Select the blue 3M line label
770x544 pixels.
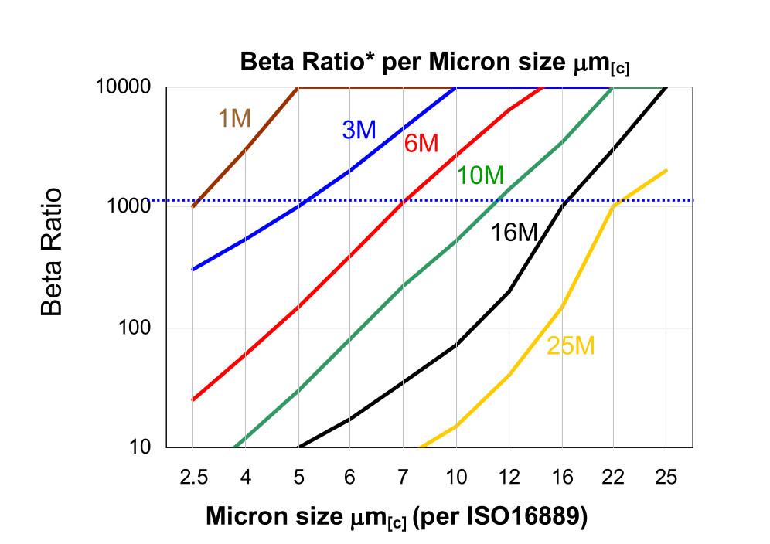tap(359, 130)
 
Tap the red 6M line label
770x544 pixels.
tap(421, 143)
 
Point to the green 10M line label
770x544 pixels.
tap(480, 175)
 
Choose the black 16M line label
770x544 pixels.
tap(514, 232)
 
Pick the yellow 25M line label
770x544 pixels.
tap(571, 345)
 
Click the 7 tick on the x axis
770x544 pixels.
tap(403, 478)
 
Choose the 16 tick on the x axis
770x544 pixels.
tap(562, 478)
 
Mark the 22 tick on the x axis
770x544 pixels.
tap(614, 478)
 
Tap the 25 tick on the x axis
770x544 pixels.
tap(666, 478)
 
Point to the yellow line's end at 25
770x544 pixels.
tap(666, 170)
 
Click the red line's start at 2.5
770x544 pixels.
tap(192, 399)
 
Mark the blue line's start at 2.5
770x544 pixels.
tap(192, 269)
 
